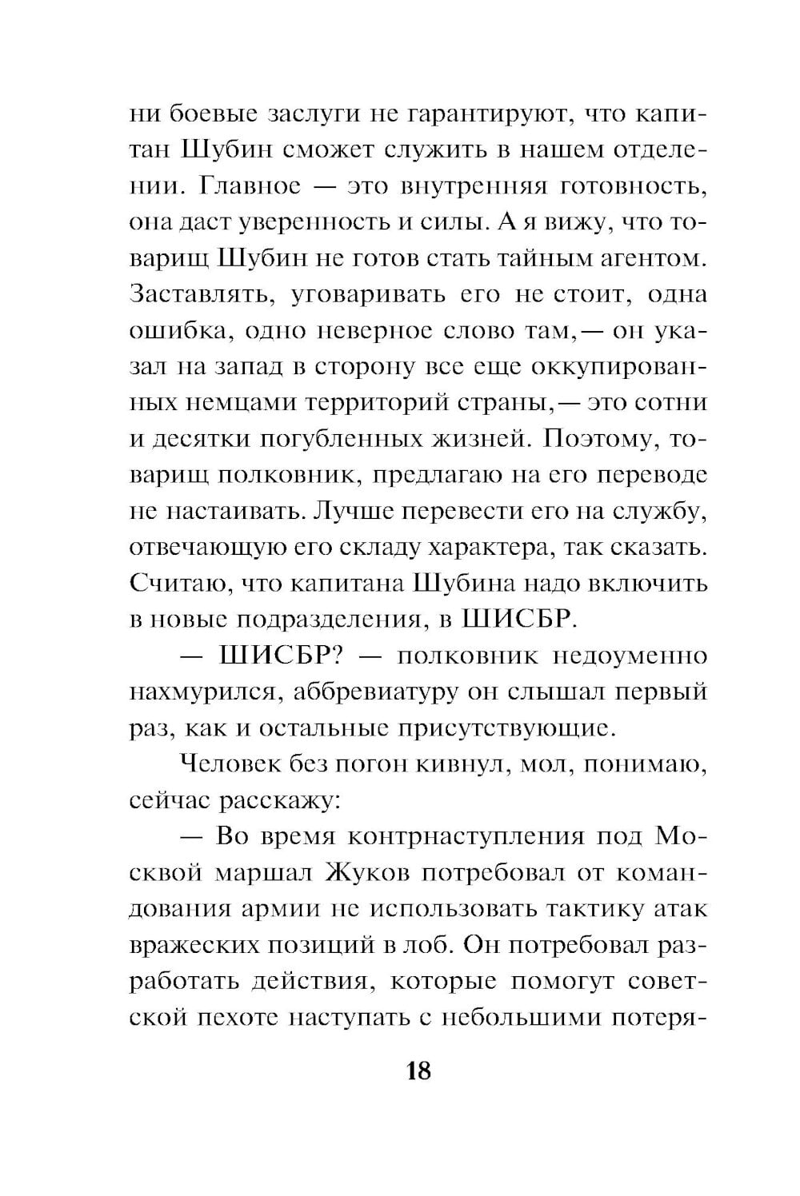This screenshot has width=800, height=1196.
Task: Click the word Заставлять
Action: click(x=198, y=294)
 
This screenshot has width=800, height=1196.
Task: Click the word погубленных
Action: click(x=342, y=439)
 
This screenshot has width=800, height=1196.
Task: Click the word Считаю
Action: click(x=170, y=583)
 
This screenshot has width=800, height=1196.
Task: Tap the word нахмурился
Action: click(x=202, y=692)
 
